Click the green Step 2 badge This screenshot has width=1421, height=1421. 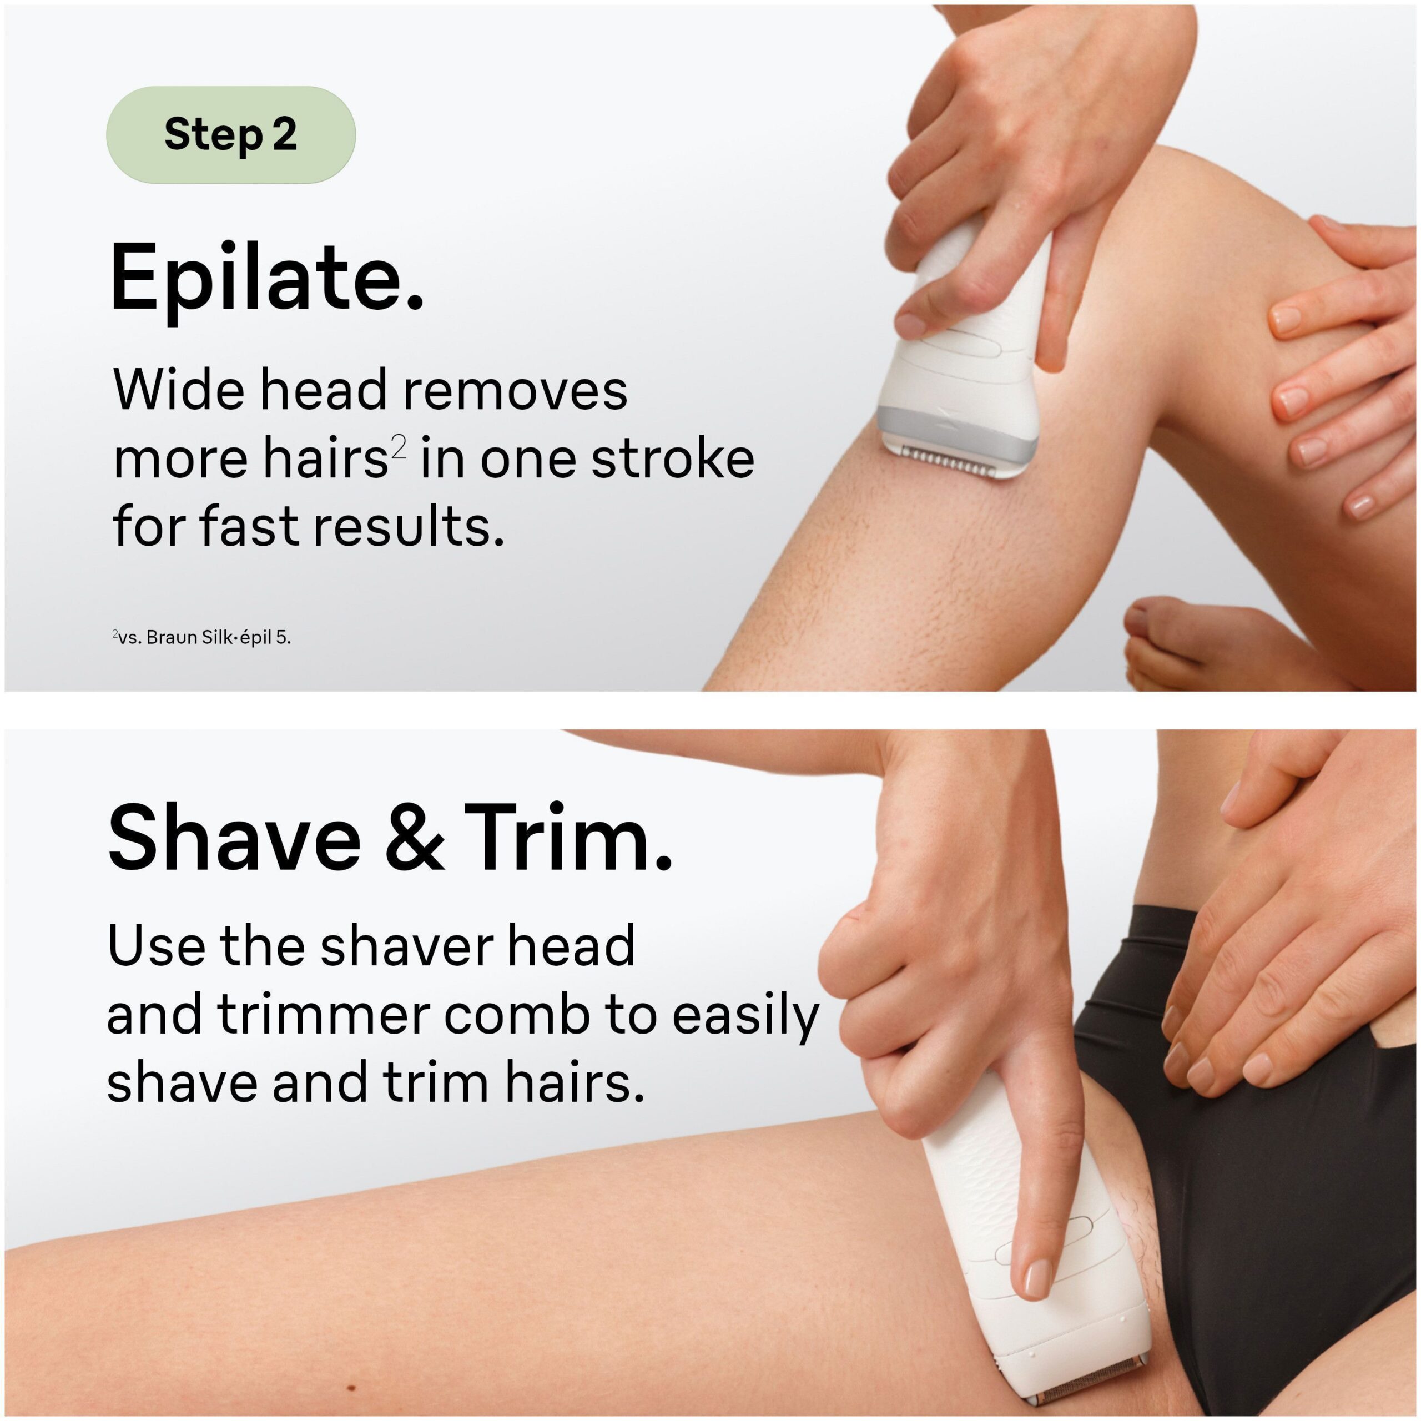[231, 134]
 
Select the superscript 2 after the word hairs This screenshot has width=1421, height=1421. [398, 446]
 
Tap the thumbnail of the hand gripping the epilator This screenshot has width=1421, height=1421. [909, 324]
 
